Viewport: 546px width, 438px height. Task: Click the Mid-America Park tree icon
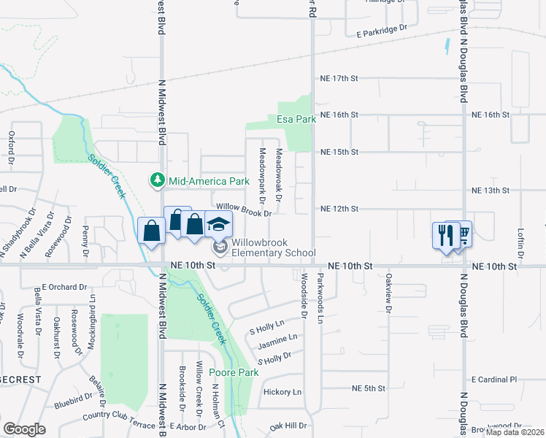click(157, 180)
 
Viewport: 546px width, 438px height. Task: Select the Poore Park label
click(234, 372)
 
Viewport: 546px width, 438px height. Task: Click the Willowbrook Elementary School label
click(274, 247)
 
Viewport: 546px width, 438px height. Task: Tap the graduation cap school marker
click(218, 224)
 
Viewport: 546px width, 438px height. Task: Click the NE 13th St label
click(490, 191)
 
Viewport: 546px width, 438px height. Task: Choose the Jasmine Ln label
click(277, 338)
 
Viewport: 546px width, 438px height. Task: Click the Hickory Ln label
click(282, 393)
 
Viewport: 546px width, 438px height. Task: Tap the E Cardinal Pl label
click(494, 380)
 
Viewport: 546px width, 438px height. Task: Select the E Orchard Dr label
click(64, 287)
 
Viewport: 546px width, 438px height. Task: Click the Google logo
click(24, 429)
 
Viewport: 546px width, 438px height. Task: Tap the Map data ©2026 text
click(515, 432)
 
